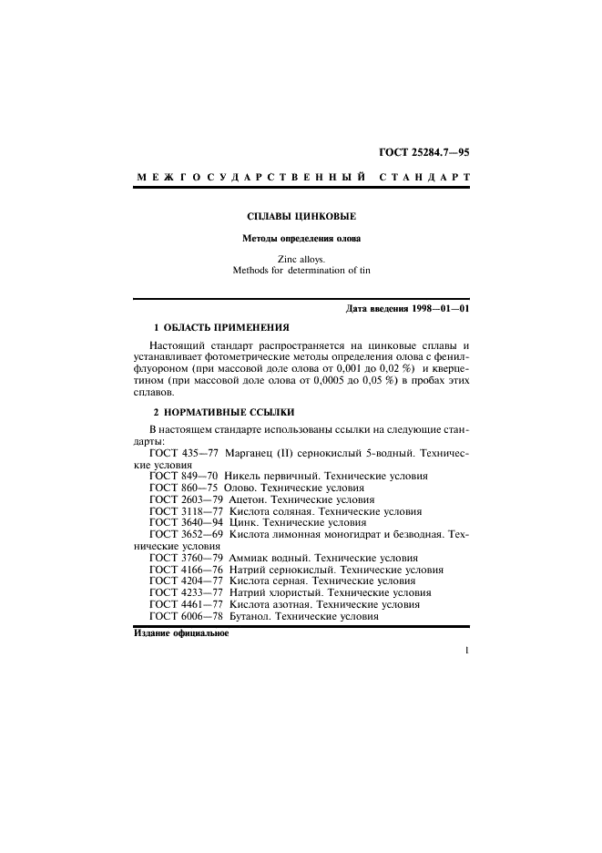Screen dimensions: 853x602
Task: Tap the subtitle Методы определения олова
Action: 301,240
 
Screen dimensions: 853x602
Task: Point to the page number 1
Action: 466,676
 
